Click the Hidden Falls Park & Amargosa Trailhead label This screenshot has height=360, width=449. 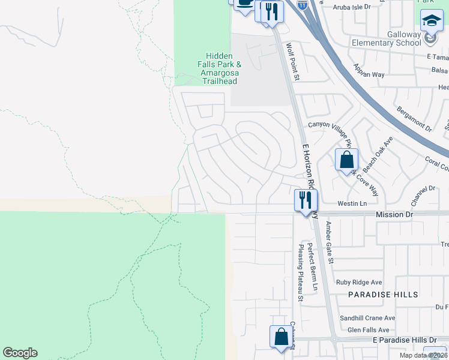(220, 68)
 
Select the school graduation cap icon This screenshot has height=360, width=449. (432, 22)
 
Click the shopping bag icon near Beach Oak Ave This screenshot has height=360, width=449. (346, 161)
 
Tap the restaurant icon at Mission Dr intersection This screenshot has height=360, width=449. (306, 200)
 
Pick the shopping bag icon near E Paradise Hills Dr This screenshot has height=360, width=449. (281, 337)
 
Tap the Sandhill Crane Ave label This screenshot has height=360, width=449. (367, 318)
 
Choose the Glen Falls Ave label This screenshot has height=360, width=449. (369, 330)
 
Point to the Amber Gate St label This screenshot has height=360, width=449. (329, 241)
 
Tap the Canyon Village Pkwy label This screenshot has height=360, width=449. (330, 125)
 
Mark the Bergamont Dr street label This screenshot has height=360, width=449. (414, 119)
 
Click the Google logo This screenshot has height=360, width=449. (20, 353)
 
